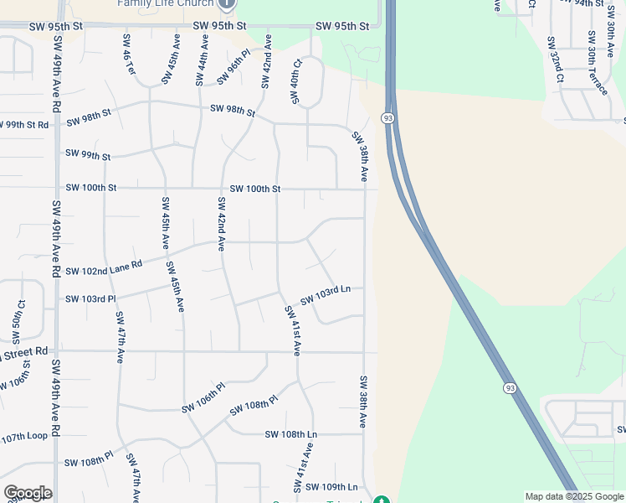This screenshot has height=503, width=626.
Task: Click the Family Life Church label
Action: tap(166, 3)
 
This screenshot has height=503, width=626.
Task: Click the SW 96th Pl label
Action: tap(233, 67)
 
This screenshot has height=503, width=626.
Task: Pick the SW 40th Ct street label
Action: tap(295, 81)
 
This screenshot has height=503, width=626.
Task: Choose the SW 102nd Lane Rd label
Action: tap(104, 267)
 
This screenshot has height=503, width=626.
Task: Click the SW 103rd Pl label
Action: tap(90, 298)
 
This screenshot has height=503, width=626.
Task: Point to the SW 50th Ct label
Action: tap(18, 321)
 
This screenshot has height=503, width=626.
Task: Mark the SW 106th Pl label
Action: tap(204, 398)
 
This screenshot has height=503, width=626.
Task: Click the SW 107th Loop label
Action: tap(24, 437)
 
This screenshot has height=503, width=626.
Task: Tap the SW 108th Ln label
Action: tap(291, 434)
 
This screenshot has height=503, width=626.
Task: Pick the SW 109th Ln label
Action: tap(331, 487)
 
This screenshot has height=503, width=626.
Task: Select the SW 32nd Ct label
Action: tap(554, 60)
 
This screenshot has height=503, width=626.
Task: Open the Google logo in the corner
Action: tap(27, 493)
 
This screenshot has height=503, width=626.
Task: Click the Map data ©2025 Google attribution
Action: tap(573, 496)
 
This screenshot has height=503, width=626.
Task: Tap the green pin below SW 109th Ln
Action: tap(382, 500)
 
